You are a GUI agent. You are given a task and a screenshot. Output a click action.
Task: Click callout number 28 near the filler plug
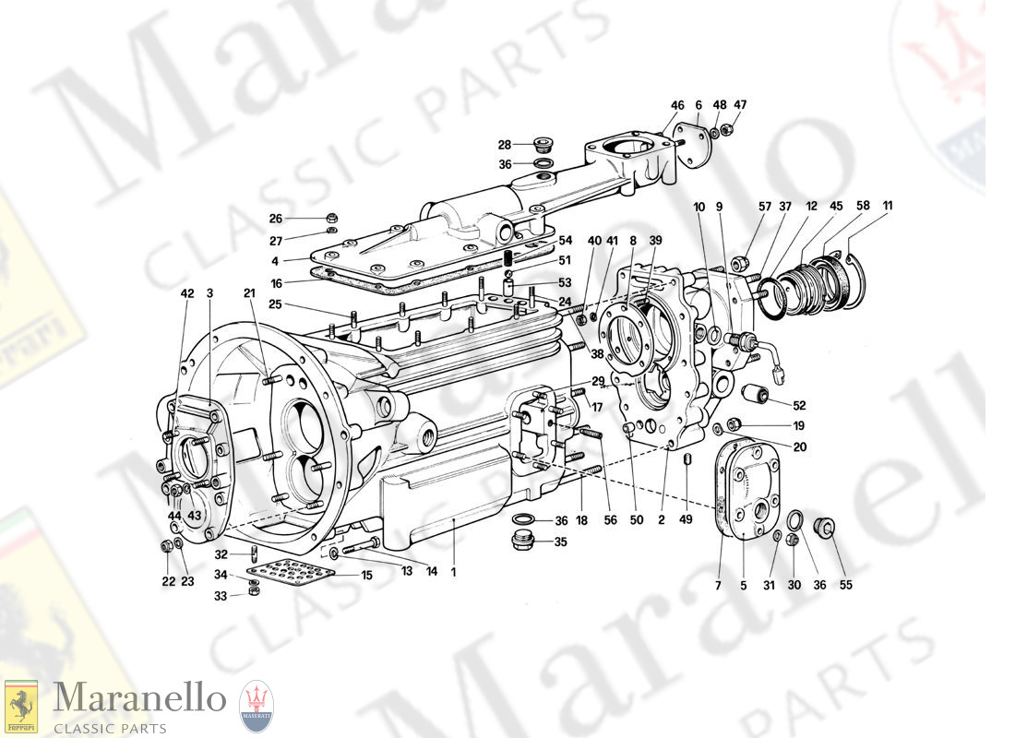[x=504, y=145]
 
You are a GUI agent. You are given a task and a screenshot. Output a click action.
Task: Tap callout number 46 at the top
[x=677, y=105]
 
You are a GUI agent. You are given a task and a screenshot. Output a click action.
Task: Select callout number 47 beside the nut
[x=741, y=105]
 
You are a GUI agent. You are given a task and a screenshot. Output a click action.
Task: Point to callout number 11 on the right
[x=887, y=206]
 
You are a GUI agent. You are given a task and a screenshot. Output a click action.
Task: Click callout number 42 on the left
[x=187, y=293]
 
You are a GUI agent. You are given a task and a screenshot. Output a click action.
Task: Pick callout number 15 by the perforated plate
[x=366, y=575]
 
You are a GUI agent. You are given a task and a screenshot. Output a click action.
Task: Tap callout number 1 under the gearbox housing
[x=453, y=572]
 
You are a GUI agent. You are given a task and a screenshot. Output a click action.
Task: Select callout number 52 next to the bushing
[x=799, y=405]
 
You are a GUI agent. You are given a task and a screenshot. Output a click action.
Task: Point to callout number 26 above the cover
[x=275, y=219]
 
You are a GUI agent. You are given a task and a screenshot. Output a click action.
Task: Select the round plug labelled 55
[x=823, y=527]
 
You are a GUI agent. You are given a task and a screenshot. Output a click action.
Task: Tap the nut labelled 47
[x=726, y=130]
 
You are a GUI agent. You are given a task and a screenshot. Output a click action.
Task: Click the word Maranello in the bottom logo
[x=138, y=698]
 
